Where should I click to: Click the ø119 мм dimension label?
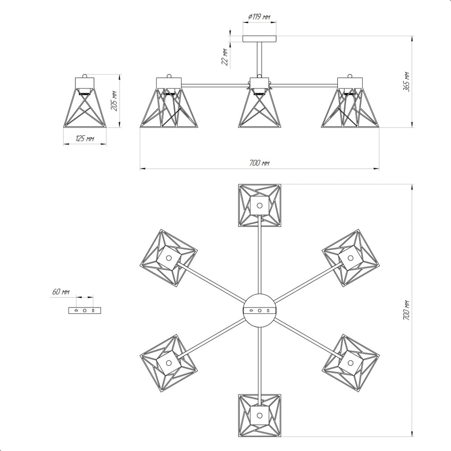[x=259, y=17]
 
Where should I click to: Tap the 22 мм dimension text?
[x=225, y=57]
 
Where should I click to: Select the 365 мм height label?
[x=406, y=81]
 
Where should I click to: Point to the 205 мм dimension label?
[x=115, y=101]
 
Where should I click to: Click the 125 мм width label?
[x=85, y=138]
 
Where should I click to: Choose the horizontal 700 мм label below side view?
[x=259, y=163]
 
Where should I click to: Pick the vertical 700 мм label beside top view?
[x=406, y=311]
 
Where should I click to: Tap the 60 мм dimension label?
[x=61, y=292]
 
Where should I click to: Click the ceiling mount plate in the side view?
[x=259, y=39]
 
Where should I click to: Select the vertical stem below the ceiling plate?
[x=259, y=60]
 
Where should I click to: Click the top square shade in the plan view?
[x=260, y=205]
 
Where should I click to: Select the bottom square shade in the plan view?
[x=260, y=416]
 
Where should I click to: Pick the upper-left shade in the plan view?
[x=169, y=258]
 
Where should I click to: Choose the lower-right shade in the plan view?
[x=350, y=363]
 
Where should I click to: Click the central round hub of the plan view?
[x=260, y=311]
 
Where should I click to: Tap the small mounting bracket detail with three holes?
[x=85, y=310]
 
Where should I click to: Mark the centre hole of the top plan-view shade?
[x=260, y=205]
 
